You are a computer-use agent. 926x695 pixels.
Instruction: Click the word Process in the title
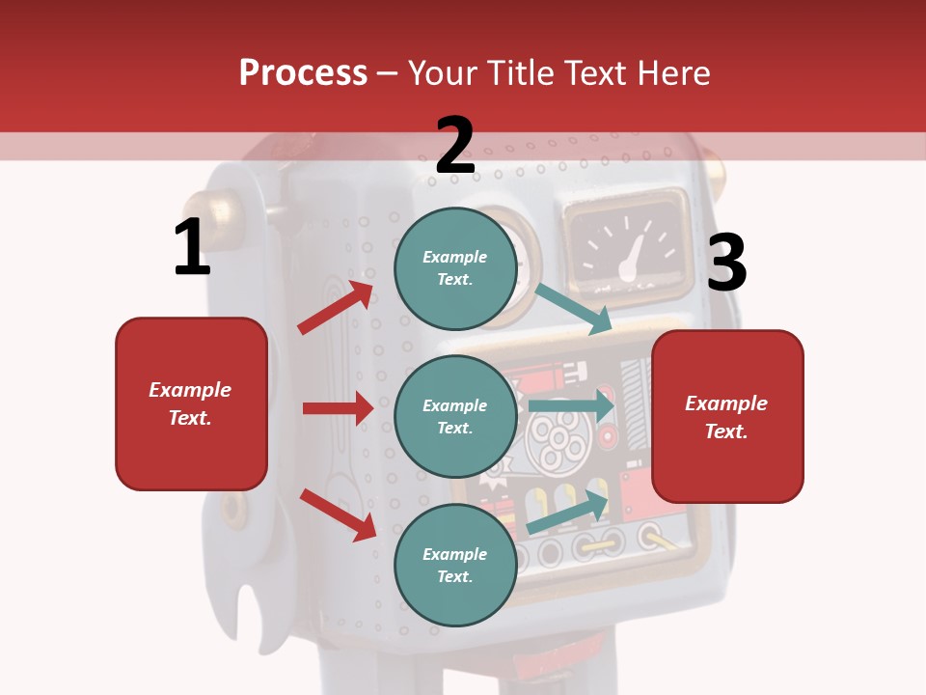(x=303, y=73)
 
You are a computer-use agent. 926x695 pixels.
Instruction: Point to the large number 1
(x=192, y=248)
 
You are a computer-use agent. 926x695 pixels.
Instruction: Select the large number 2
(x=455, y=146)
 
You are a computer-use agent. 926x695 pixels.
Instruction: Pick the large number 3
(x=726, y=264)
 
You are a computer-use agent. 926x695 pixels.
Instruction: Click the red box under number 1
(x=191, y=403)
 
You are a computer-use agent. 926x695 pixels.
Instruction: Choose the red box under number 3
(x=727, y=417)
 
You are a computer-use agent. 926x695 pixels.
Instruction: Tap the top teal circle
(x=455, y=268)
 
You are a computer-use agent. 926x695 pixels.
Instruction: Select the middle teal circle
(x=455, y=417)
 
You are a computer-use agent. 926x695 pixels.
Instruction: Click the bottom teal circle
(x=455, y=565)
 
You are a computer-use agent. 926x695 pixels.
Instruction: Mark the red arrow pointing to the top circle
(x=335, y=308)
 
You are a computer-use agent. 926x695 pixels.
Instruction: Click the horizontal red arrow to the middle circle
(x=338, y=408)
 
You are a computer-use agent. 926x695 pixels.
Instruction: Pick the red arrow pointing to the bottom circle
(x=339, y=514)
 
